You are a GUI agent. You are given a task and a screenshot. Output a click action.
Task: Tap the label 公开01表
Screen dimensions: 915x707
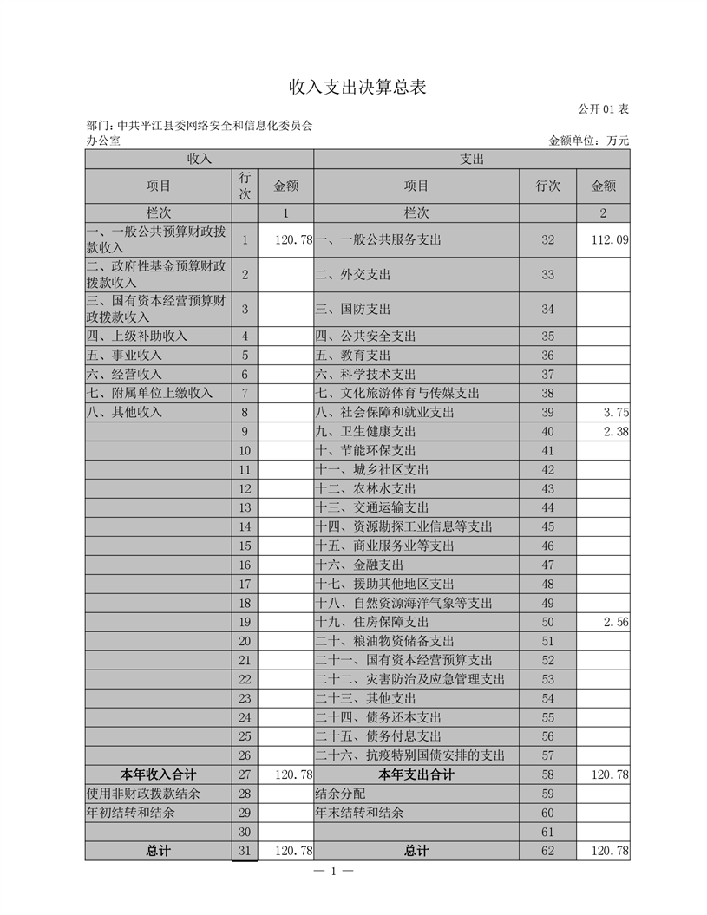pos(603,109)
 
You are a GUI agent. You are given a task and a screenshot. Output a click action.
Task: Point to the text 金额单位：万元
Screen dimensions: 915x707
pos(589,140)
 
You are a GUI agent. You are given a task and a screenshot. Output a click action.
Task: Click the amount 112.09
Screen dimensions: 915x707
pos(608,240)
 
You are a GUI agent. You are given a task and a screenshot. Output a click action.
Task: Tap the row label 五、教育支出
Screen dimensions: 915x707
pos(353,356)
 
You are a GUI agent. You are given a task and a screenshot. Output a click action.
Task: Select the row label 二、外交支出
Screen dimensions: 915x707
pos(353,275)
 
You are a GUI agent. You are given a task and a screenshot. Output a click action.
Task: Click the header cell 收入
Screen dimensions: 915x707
pos(200,160)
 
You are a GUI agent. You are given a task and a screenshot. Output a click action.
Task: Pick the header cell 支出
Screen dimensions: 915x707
pos(471,160)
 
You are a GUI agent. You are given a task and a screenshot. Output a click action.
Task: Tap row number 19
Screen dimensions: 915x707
pos(245,623)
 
